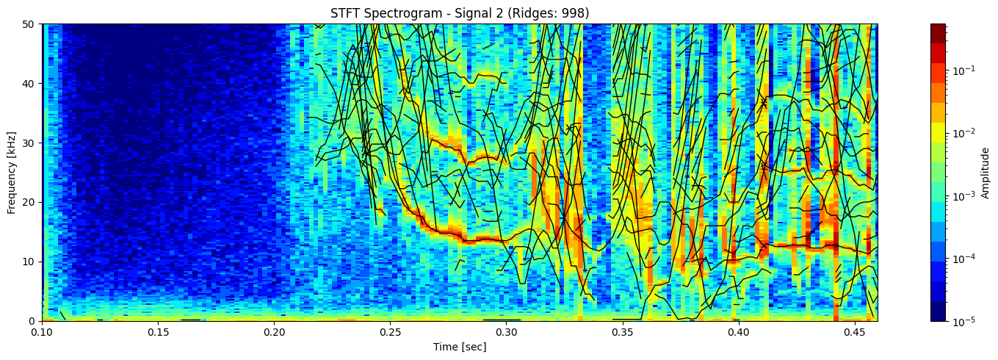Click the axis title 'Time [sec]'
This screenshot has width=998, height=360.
(x=460, y=347)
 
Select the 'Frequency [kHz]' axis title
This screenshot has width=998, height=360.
(x=12, y=172)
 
